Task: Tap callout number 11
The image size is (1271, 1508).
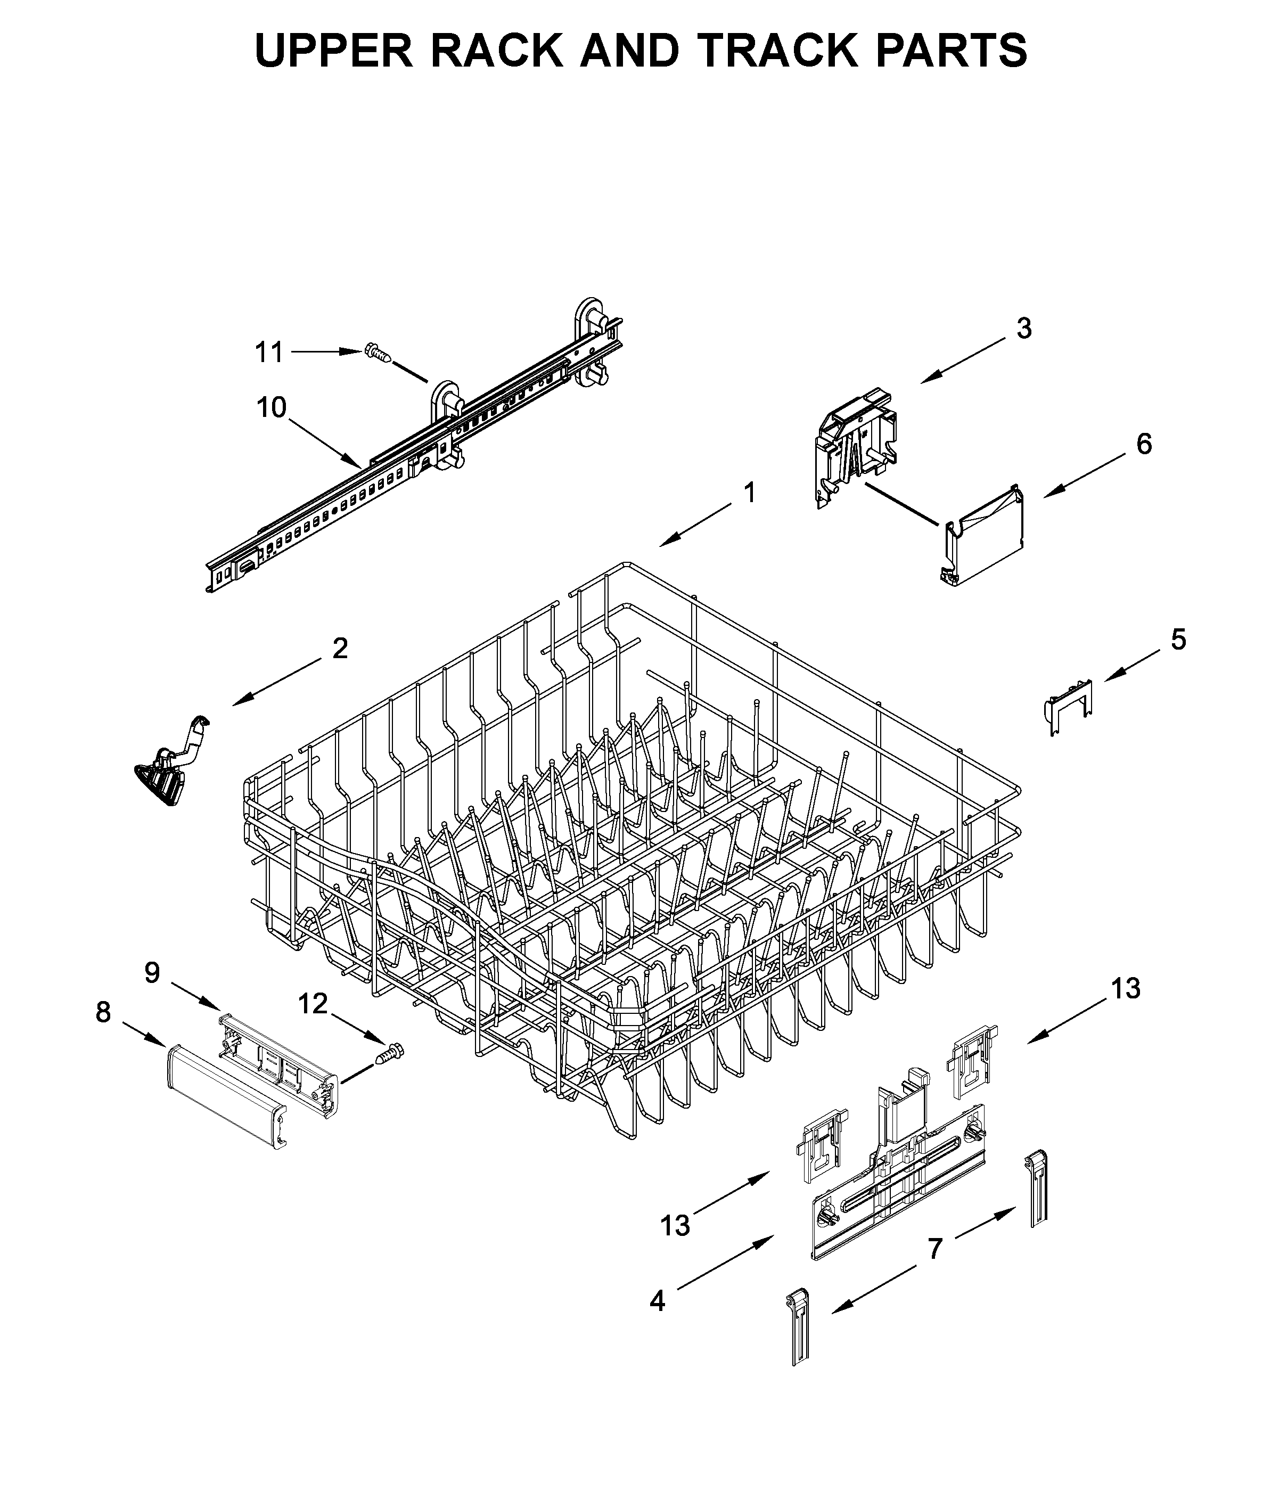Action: (269, 353)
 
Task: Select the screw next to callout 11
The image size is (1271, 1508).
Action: (379, 353)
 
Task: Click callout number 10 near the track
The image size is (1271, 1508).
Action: (272, 408)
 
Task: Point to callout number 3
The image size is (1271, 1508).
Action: (1024, 329)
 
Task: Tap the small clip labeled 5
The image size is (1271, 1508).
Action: (1069, 706)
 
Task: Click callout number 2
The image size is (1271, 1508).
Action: (340, 649)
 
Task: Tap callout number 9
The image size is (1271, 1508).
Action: (152, 973)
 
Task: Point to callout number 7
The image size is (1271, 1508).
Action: (934, 1249)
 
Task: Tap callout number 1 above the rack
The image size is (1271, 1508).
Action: (749, 493)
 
